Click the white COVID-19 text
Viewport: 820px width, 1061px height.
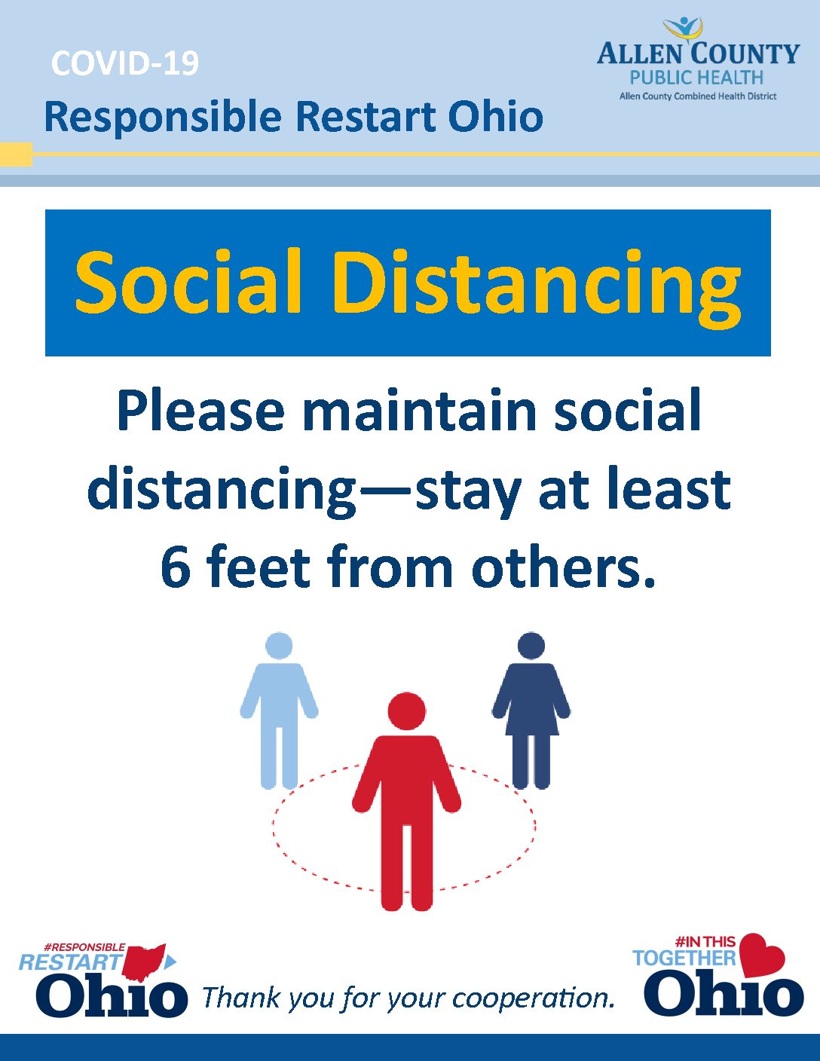tap(125, 63)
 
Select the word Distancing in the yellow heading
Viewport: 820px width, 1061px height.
tap(537, 288)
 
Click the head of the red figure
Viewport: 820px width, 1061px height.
tap(407, 711)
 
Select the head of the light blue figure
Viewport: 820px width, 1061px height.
tap(279, 646)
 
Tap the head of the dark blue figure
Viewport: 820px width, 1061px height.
tap(531, 646)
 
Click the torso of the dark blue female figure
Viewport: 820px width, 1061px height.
tap(531, 699)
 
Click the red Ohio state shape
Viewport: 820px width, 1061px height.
tap(144, 962)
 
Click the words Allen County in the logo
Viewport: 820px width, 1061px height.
tap(698, 54)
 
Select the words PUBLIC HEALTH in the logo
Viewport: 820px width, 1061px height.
tap(696, 78)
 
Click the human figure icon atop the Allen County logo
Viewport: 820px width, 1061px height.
tap(684, 28)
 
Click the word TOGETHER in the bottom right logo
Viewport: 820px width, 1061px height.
tap(684, 958)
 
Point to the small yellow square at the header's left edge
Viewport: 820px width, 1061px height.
tap(16, 154)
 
